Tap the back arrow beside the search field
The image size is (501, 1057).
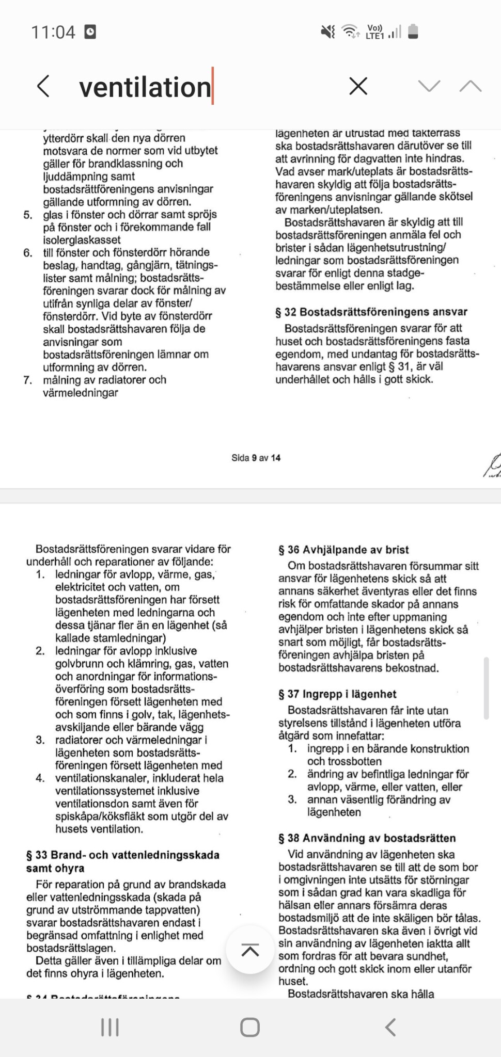44,86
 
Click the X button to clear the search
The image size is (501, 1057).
358,86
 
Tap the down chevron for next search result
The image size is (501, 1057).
429,86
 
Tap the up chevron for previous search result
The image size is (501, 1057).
470,86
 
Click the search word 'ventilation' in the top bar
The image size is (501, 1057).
145,87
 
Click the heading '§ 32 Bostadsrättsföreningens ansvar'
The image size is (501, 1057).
371,312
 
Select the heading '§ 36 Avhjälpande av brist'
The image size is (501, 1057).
343,550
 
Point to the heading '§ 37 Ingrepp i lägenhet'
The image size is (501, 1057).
337,694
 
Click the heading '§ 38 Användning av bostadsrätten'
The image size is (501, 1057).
367,838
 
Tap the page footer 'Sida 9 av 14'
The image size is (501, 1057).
256,458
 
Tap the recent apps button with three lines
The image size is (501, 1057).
110,1027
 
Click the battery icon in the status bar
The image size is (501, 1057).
413,32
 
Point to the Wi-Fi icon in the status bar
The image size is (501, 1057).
351,32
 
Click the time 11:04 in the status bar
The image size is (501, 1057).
53,33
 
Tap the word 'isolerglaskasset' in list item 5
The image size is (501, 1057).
82,240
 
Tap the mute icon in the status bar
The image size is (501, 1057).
328,32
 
